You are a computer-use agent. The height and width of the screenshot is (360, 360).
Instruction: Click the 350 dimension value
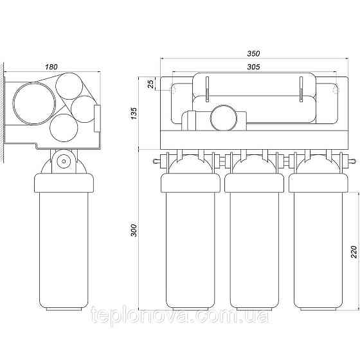coord(253,53)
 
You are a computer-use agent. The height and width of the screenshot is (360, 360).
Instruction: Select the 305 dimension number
coord(253,67)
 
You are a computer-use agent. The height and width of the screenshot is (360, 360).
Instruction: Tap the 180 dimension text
coord(51,67)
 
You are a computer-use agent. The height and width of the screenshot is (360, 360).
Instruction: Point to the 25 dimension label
coord(150,84)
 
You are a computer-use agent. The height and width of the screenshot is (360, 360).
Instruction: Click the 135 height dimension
coord(134,113)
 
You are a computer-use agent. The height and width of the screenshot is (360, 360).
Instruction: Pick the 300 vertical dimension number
coord(134,230)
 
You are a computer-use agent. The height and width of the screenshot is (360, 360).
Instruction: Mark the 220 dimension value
coord(354,252)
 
